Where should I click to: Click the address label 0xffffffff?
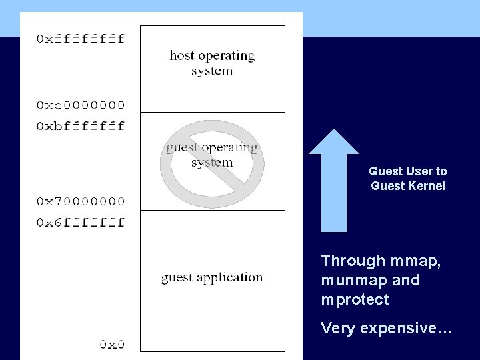[80, 39]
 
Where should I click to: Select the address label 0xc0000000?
[80, 105]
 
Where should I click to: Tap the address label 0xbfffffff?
[80, 126]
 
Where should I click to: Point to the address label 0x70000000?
[80, 201]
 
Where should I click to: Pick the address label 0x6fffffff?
[80, 222]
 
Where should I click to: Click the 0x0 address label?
[112, 344]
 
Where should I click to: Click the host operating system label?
[212, 63]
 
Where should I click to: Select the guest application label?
[212, 277]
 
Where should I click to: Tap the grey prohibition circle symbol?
[212, 164]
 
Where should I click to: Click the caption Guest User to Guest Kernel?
[408, 179]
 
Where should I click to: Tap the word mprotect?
[355, 299]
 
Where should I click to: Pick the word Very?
[336, 328]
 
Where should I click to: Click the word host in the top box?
[181, 55]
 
